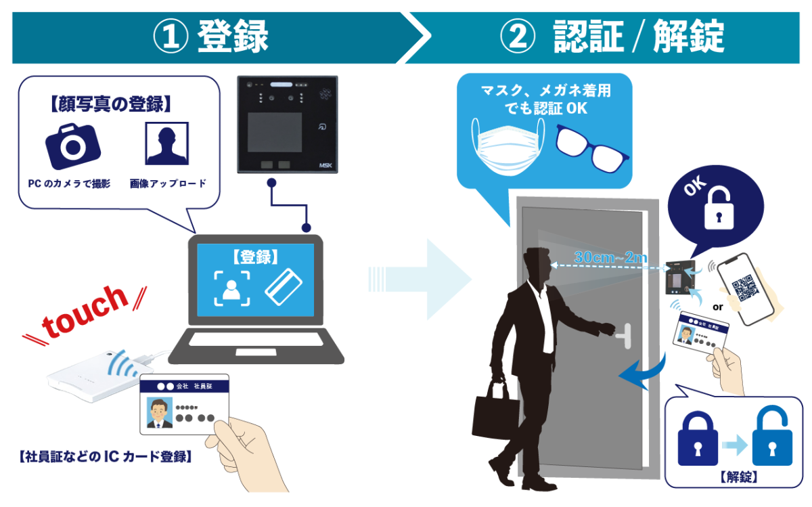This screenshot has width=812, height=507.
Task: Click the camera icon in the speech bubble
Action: coord(72,145)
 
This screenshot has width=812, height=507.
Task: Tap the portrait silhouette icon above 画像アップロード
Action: coord(167,144)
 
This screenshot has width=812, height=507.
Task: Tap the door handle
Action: coord(621,331)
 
